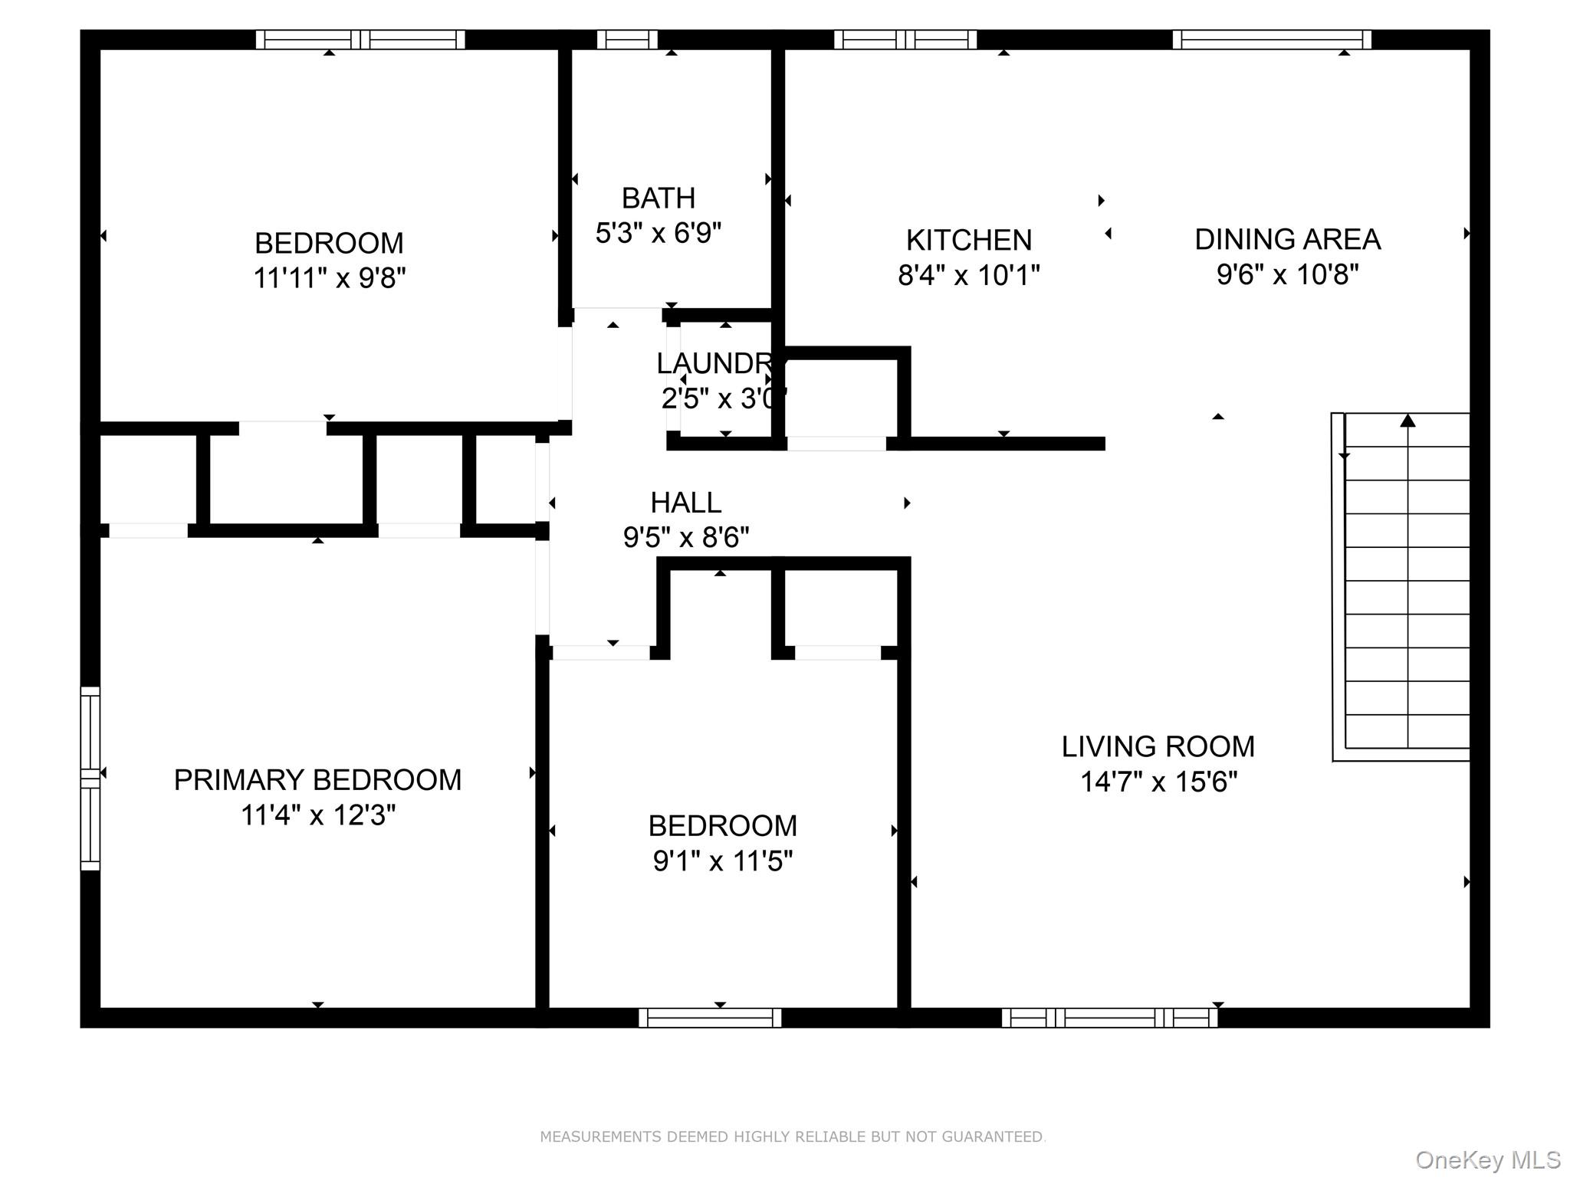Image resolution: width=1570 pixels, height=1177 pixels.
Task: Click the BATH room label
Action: [x=658, y=198]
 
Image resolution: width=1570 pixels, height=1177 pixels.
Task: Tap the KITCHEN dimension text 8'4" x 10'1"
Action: [x=968, y=274]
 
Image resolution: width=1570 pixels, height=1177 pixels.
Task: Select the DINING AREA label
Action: [x=1287, y=240]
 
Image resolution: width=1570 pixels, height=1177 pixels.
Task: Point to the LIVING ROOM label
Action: [x=1158, y=746]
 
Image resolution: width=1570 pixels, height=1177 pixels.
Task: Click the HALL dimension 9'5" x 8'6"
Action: [x=685, y=537]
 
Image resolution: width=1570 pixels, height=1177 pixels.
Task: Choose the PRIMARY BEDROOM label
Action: [x=317, y=780]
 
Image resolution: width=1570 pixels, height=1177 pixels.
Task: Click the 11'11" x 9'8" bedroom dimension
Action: [x=329, y=277]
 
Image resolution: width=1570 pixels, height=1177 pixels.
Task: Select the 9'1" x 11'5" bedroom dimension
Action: [x=722, y=861]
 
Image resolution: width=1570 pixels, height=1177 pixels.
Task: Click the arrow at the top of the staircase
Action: [x=1407, y=421]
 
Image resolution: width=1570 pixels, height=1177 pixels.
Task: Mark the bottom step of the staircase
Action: [x=1407, y=733]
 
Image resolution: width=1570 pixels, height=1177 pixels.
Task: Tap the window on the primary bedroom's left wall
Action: [x=90, y=778]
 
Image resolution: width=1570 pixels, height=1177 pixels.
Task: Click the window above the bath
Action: [x=627, y=39]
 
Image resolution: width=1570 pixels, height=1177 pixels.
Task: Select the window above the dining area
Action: [x=1271, y=39]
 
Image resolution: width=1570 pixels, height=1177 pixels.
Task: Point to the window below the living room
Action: [x=1109, y=1018]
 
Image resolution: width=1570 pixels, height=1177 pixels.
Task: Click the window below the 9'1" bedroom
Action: [x=710, y=1018]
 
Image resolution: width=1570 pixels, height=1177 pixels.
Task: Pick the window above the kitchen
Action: [x=905, y=39]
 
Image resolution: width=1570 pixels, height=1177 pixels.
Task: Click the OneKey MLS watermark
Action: [x=1487, y=1160]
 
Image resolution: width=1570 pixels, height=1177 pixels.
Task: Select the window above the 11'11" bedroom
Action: [x=360, y=39]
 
